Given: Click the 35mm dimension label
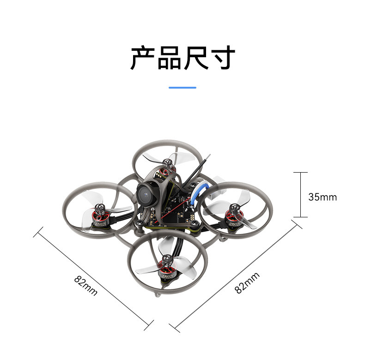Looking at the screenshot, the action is coord(322,197).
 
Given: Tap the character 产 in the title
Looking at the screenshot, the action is coord(143,58).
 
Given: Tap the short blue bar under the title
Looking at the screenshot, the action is coord(182,87).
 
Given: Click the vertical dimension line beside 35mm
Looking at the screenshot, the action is coord(300,194).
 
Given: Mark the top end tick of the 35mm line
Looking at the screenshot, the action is coord(300,173).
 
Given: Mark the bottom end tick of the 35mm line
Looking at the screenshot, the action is coord(300,216).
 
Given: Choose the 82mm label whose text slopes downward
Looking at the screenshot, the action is coord(85,286).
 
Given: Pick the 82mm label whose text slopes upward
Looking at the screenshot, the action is coord(247,283).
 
